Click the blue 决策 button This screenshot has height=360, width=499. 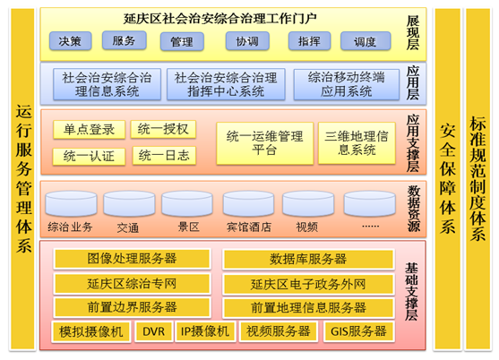tap(71, 41)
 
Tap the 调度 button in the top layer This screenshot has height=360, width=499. tap(366, 41)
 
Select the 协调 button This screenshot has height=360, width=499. tap(247, 41)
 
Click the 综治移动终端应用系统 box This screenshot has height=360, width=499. tap(346, 84)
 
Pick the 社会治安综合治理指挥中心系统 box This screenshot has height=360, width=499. tap(226, 84)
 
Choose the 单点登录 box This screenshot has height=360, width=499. tap(89, 130)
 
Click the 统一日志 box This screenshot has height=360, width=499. tap(164, 156)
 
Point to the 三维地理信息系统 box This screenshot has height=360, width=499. tap(357, 143)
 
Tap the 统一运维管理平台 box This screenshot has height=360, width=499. tap(265, 143)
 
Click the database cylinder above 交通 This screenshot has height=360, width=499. tap(129, 203)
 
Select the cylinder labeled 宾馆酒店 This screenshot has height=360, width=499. tap(248, 203)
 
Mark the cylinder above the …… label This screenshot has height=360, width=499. tap(370, 203)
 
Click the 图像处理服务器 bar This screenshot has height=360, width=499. tap(132, 259)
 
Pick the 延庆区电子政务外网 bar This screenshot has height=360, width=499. tap(308, 284)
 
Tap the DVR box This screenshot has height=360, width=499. tap(154, 331)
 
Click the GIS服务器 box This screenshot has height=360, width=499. tap(359, 331)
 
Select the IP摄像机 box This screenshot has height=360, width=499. tap(205, 331)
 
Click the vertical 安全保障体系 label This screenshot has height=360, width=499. tap(447, 179)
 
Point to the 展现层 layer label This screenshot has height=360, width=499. tap(413, 33)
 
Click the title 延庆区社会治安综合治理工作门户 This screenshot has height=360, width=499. tap(220, 19)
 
